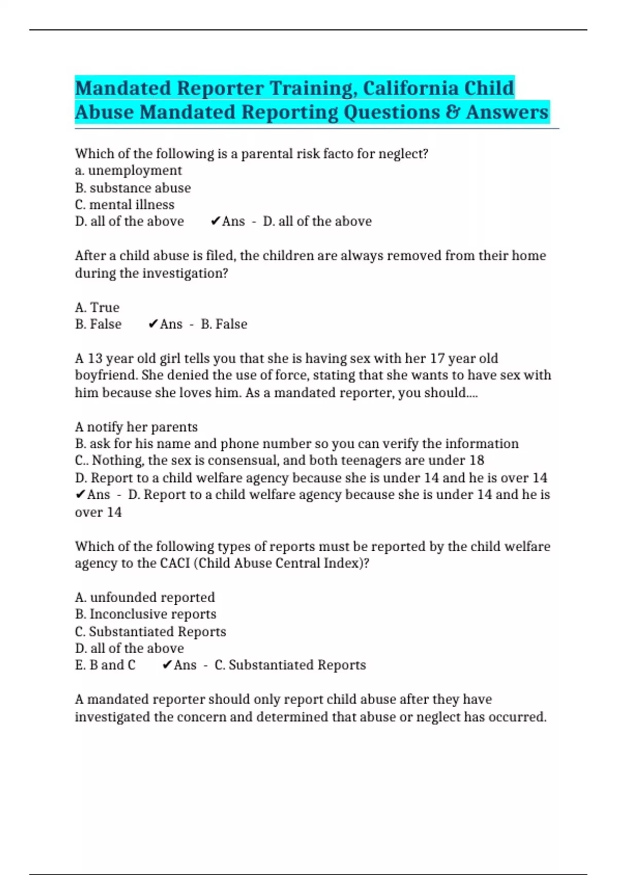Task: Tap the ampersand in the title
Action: [453, 112]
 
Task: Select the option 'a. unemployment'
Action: [128, 170]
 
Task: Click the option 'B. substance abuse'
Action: [133, 188]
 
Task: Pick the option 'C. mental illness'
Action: [124, 204]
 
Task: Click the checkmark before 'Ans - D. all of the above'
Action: [215, 221]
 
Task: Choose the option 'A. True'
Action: [97, 307]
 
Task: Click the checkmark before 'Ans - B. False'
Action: [153, 324]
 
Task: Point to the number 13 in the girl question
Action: [95, 358]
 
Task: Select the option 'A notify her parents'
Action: [136, 427]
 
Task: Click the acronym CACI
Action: [175, 563]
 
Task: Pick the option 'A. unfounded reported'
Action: [144, 597]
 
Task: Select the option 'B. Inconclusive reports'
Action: [146, 614]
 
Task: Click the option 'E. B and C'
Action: [105, 665]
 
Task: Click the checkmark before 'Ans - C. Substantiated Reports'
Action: [167, 665]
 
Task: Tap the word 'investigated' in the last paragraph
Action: [112, 716]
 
